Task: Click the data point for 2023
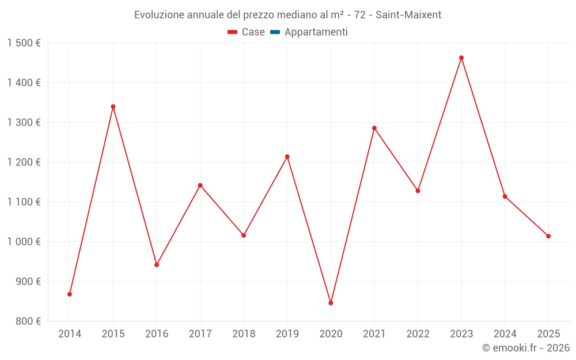pos(461,58)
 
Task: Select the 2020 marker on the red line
pos(331,303)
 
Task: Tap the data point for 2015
pos(113,107)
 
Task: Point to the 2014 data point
pos(70,294)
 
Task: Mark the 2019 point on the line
pos(287,157)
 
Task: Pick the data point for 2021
pos(374,128)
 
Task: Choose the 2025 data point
pos(548,236)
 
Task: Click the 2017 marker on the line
pos(200,185)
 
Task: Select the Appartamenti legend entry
pos(316,32)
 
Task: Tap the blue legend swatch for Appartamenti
pos(275,32)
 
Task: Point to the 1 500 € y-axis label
pos(24,43)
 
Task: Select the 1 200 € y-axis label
pos(24,162)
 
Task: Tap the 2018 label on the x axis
pos(244,334)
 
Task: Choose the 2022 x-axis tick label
pos(418,334)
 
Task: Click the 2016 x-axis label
pos(157,334)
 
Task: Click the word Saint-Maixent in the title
pos(408,15)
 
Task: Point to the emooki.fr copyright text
pos(526,348)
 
